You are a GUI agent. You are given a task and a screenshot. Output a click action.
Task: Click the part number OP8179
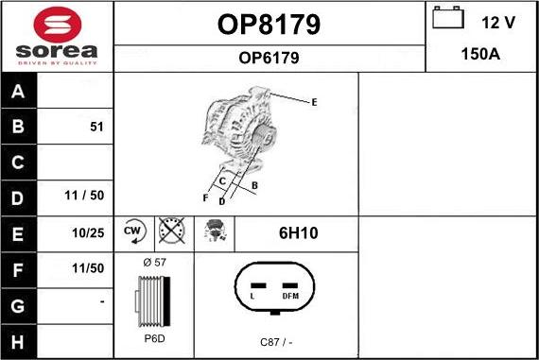pos(269,25)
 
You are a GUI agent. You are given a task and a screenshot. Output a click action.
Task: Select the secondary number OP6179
pos(269,58)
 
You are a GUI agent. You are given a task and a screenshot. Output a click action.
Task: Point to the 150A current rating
pos(480,55)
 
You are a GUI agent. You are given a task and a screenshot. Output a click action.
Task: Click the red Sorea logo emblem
pos(57,24)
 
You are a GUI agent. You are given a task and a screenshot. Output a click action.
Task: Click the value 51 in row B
pos(96,127)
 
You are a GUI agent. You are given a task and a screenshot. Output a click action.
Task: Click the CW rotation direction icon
pos(132,231)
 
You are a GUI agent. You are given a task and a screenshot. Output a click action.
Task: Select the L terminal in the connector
pos(252,295)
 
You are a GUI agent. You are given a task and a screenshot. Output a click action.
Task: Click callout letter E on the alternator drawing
pos(314,101)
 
